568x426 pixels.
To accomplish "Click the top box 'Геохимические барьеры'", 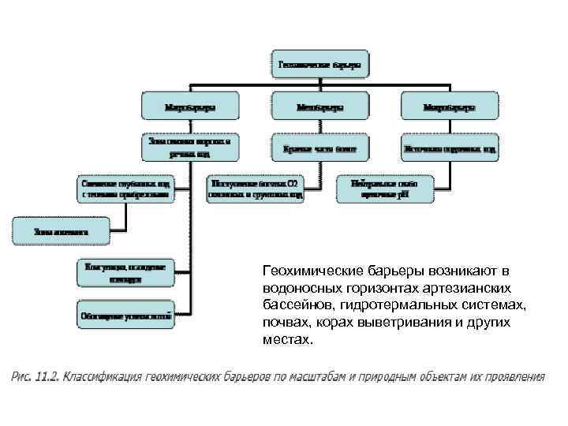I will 322,65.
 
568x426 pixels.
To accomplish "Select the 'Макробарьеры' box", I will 190,106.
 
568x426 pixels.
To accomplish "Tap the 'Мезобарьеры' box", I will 320,106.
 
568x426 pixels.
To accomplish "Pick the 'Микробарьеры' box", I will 450,106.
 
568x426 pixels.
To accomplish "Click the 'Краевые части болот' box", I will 320,148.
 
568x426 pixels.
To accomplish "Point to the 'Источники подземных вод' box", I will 450,148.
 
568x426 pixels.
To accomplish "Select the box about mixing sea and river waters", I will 190,148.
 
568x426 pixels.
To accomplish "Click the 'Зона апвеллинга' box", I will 61,232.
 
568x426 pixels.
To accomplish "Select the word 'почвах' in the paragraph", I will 282,323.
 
